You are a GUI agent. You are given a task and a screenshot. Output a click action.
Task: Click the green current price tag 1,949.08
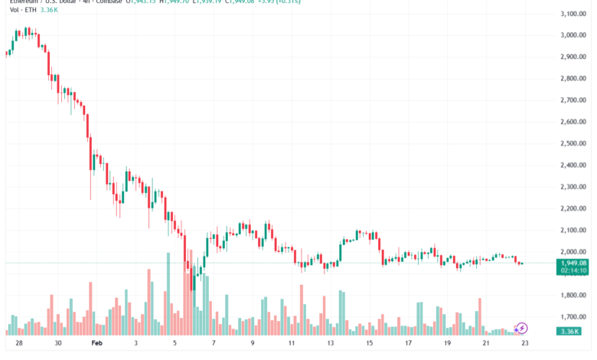coord(573,263)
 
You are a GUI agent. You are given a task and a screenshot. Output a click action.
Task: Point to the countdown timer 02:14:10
coord(573,270)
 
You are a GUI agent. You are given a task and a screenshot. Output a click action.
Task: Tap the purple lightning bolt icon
coord(523,328)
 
